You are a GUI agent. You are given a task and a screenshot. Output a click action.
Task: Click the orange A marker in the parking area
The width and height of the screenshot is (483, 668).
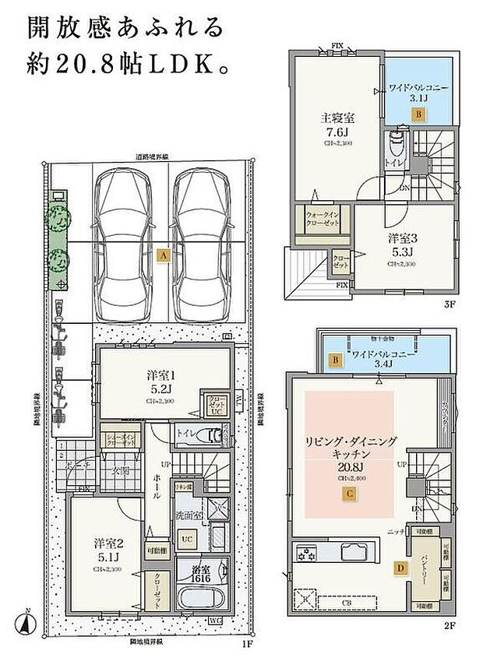[x=162, y=255]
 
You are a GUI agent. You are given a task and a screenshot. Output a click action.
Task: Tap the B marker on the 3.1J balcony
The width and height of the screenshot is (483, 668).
[x=418, y=114]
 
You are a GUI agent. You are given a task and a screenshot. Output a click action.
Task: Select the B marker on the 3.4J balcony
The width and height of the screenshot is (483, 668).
[x=335, y=360]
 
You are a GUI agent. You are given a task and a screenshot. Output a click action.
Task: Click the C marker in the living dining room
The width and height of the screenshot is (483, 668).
[x=351, y=493]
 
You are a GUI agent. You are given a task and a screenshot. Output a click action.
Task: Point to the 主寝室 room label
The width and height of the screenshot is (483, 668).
[x=337, y=119]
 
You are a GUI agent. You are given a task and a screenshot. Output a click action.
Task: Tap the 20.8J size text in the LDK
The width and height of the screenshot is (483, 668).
[x=349, y=466]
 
